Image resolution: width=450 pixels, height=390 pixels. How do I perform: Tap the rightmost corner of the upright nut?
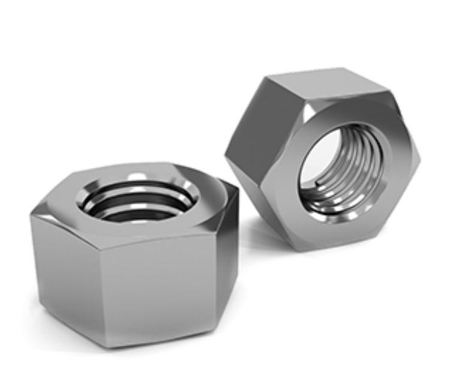tap(419, 159)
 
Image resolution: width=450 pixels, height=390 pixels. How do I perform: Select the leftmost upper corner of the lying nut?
tap(31, 216)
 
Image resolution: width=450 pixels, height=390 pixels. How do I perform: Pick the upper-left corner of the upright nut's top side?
tap(269, 77)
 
